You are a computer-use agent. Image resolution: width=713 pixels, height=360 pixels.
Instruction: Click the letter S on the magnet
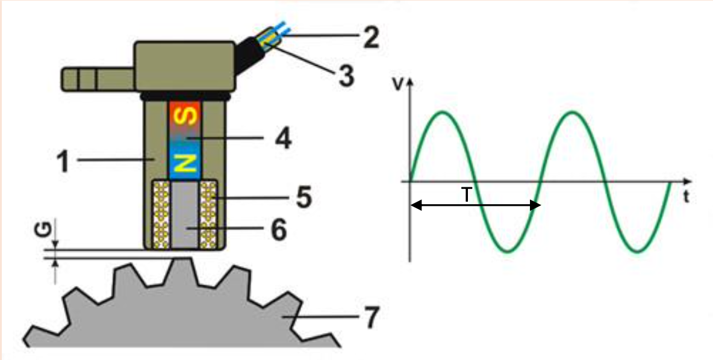point(185,116)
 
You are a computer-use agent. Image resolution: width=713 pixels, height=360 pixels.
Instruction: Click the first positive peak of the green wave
point(443,112)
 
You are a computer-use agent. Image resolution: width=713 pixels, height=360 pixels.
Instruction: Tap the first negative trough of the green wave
point(507,250)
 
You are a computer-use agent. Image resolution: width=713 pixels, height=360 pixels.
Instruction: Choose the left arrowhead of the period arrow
point(414,205)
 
